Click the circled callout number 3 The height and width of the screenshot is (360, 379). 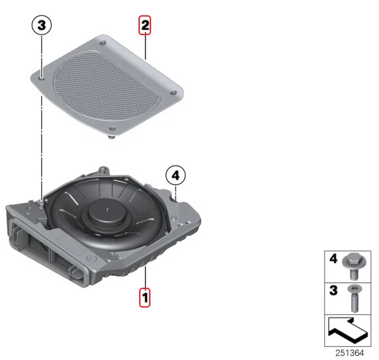click(42, 26)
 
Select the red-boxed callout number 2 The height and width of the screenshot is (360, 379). click(144, 27)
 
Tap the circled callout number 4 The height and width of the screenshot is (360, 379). click(176, 176)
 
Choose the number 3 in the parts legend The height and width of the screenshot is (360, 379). click(333, 289)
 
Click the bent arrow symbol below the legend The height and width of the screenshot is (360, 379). click(347, 329)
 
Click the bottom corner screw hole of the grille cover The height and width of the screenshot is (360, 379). click(111, 129)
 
